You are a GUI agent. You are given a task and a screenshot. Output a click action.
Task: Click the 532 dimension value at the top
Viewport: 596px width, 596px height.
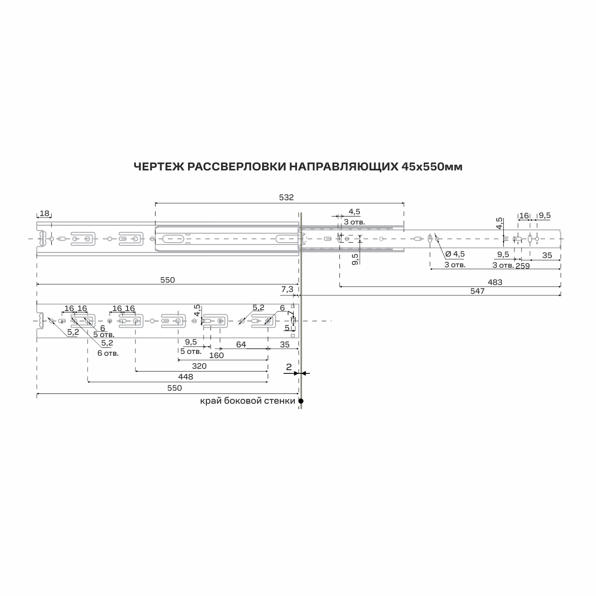[286, 197]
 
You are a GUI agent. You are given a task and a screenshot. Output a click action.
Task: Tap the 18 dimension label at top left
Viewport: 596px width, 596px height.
[45, 213]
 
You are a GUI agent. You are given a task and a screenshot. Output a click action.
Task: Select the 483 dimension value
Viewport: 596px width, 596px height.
[495, 282]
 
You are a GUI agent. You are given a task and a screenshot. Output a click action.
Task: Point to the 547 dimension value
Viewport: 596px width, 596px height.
[477, 291]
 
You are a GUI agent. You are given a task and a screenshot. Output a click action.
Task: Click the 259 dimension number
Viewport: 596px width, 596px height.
[522, 266]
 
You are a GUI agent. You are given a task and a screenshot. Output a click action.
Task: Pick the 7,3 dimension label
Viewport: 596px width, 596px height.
[287, 290]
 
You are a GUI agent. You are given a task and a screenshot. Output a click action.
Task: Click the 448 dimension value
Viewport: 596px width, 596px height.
[186, 377]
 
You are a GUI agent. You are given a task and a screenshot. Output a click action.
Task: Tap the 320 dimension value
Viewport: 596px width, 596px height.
[199, 366]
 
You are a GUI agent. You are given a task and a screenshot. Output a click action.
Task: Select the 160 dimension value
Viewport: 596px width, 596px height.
[216, 355]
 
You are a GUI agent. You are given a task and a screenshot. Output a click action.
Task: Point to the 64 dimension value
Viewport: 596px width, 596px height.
[241, 345]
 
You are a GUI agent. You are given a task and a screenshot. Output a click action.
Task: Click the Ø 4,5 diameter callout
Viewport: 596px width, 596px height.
[455, 254]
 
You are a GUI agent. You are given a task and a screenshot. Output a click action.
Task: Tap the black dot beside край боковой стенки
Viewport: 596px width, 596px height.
[301, 401]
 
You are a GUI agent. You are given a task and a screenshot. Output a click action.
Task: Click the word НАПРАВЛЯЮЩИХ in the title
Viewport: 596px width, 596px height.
[344, 167]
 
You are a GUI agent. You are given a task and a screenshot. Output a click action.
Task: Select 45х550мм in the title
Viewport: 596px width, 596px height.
[432, 167]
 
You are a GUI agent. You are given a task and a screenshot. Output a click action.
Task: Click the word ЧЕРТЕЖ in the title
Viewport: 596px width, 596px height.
[158, 167]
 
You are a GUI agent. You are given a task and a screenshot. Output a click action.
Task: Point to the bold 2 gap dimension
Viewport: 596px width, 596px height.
[289, 367]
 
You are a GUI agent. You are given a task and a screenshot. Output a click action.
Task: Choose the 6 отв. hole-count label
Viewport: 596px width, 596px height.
[108, 353]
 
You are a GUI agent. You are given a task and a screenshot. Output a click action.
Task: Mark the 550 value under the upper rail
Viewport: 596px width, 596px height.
[168, 280]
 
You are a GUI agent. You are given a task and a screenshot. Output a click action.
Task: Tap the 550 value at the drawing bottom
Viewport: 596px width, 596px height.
[175, 388]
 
